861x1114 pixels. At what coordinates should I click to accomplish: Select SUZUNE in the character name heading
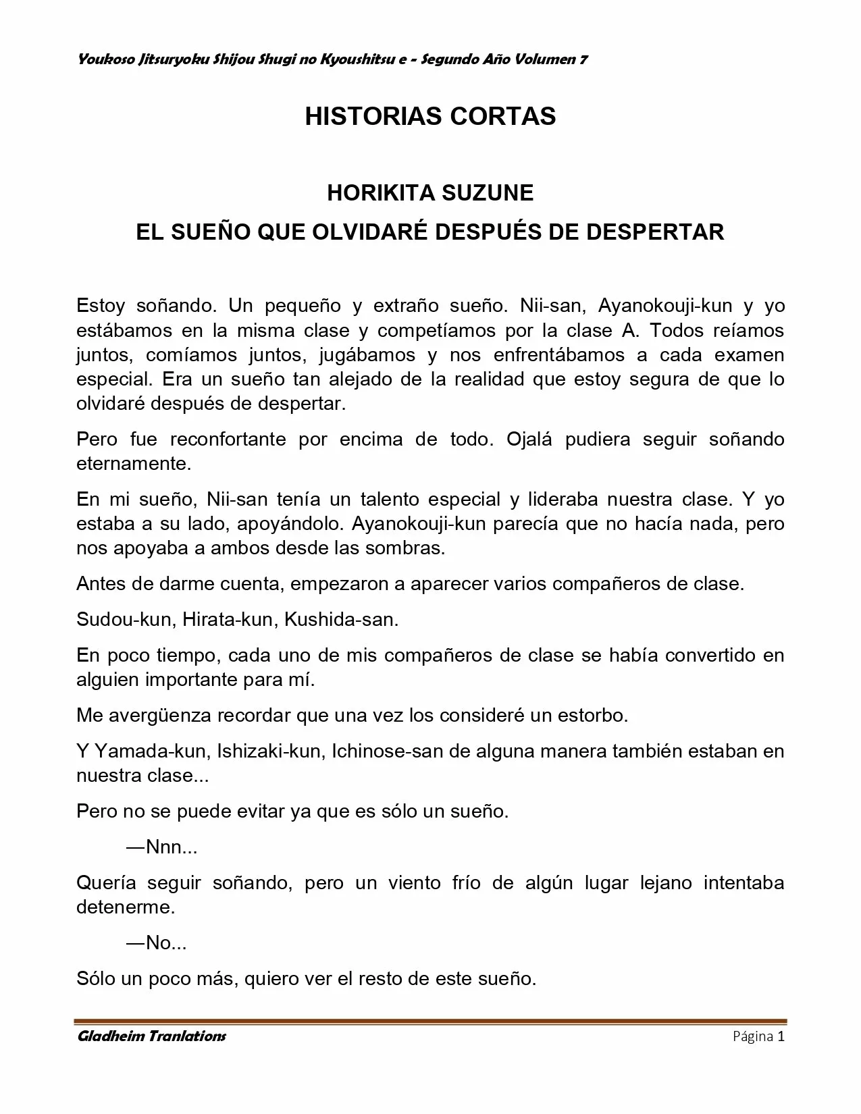[x=487, y=194]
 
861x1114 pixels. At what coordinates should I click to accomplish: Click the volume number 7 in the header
[x=583, y=59]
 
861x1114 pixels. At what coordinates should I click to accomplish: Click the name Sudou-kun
[x=124, y=620]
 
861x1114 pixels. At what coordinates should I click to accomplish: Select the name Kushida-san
[x=341, y=620]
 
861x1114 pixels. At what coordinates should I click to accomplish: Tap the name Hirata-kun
[x=230, y=620]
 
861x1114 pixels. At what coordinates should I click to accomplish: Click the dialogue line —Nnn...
[x=161, y=847]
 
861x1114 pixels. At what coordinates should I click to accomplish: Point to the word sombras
[x=405, y=548]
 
